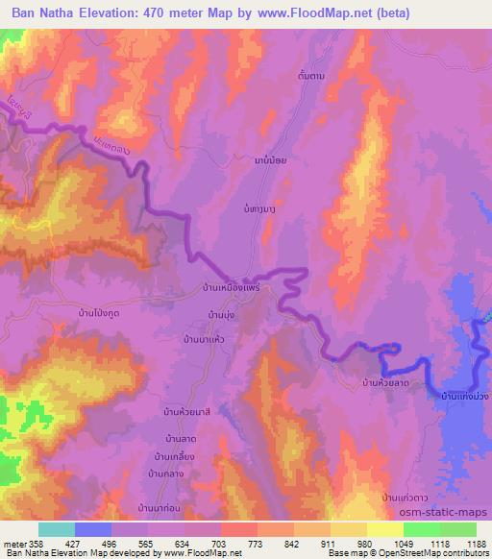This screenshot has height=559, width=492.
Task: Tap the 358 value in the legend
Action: click(x=37, y=543)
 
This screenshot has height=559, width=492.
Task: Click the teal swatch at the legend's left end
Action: click(x=56, y=529)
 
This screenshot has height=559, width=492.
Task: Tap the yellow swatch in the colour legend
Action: click(x=384, y=529)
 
